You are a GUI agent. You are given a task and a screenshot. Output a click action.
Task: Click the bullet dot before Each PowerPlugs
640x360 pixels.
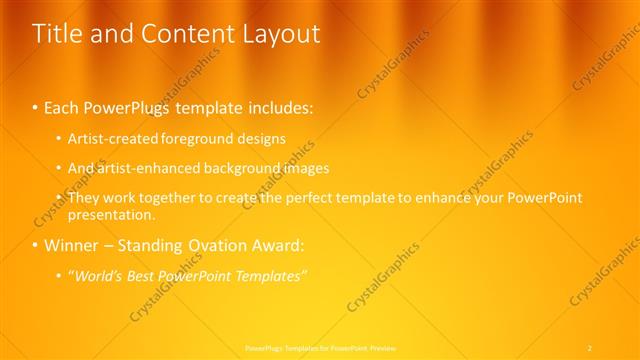(36, 105)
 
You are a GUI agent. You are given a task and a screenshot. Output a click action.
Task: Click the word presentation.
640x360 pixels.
(111, 214)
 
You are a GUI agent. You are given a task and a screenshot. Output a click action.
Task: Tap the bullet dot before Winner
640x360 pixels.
(36, 245)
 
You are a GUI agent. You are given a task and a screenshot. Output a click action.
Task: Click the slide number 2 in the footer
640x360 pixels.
(589, 347)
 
